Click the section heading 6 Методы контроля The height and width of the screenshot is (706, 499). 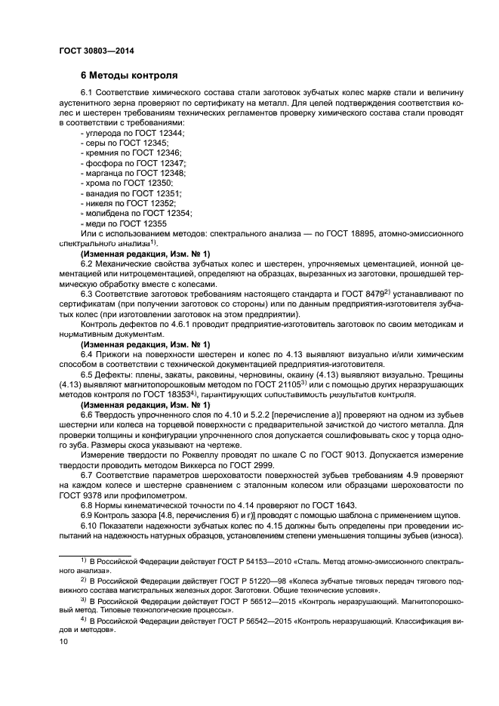[x=129, y=76]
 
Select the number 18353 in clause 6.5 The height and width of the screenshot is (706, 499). [x=176, y=394]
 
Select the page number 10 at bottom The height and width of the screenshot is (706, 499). [x=63, y=641]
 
